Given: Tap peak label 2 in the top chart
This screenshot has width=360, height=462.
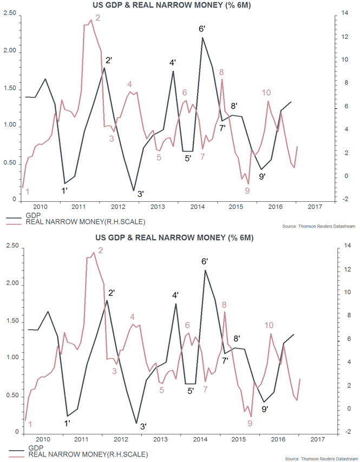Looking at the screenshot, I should click(98, 18).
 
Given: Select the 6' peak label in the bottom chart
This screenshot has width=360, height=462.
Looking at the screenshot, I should click(205, 261).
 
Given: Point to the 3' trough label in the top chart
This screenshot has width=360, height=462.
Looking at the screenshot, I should click(140, 194).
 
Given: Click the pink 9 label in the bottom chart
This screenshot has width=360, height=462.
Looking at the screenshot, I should click(250, 424).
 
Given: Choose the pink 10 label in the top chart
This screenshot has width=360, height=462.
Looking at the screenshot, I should click(266, 93).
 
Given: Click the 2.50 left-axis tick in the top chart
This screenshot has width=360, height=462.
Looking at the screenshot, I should click(9, 14).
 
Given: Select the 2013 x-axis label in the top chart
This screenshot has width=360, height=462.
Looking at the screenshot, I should click(158, 207).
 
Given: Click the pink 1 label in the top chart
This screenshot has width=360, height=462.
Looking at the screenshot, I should click(28, 191).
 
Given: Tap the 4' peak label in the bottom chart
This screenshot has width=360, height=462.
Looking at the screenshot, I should click(175, 295).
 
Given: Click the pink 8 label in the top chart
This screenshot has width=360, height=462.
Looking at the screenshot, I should click(222, 72).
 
